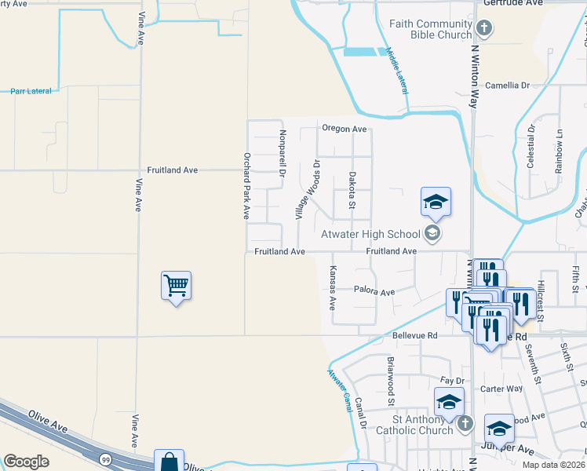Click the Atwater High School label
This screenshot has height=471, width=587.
370,233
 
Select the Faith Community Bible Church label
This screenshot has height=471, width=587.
431,29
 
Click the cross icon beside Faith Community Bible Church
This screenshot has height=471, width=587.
484,30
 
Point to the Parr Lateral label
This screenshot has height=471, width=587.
31,91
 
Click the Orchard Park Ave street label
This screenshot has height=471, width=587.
246,185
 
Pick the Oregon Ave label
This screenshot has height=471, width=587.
344,129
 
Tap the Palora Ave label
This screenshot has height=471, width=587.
374,291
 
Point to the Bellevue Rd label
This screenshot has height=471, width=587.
414,335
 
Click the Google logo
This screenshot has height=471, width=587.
26,461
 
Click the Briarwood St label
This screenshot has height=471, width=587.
390,382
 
